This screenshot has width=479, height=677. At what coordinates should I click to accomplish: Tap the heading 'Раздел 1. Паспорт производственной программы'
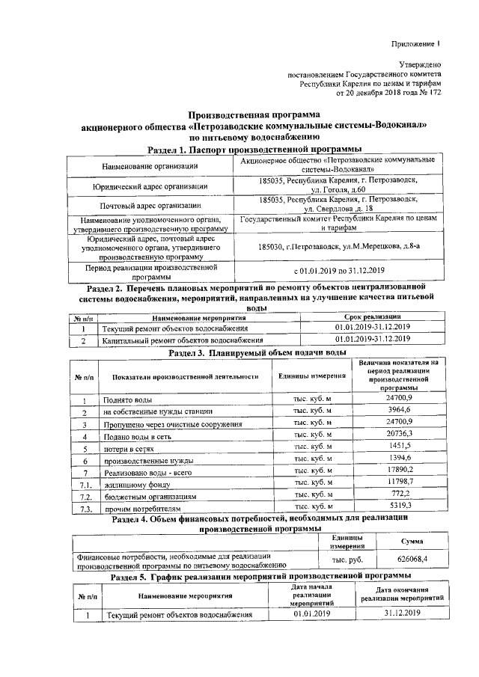pyautogui.click(x=250, y=150)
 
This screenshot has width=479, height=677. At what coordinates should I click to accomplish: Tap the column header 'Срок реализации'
pyautogui.click(x=362, y=317)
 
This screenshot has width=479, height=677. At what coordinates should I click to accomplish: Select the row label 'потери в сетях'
pyautogui.click(x=128, y=448)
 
